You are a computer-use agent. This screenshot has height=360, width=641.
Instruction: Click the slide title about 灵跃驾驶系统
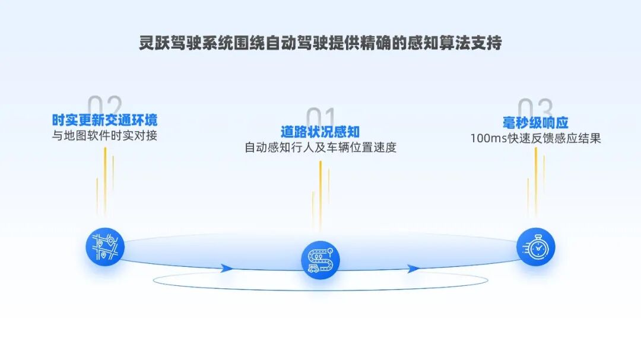[x=320, y=44]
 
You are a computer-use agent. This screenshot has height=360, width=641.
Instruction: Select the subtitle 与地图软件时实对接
[x=105, y=135]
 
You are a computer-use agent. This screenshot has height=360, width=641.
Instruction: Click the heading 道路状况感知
[x=320, y=132]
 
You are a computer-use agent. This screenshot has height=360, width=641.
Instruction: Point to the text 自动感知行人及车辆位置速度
[x=320, y=147]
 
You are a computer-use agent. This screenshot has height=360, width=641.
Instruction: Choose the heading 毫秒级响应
[x=535, y=123]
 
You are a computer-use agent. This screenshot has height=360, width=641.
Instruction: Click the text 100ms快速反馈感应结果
[x=535, y=138]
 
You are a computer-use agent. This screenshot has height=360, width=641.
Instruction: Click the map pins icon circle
[x=105, y=247]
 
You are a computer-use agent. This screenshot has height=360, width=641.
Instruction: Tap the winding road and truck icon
[x=320, y=259]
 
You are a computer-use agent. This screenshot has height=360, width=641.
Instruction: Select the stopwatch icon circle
[x=535, y=247]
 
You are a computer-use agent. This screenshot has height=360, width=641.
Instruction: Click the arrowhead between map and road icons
[x=226, y=268]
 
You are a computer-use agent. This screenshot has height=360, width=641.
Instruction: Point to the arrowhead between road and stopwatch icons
[x=413, y=268]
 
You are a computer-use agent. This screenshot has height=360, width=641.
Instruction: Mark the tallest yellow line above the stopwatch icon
[x=535, y=178]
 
